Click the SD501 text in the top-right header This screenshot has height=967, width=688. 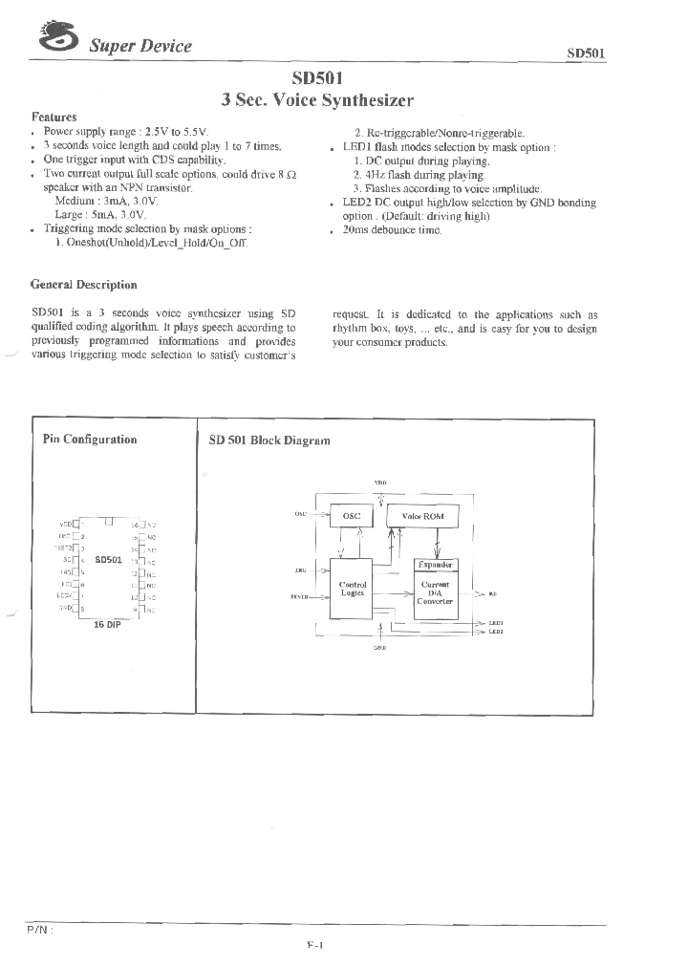(584, 54)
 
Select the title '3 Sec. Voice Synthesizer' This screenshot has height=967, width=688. (316, 99)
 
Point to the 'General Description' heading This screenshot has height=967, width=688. (84, 285)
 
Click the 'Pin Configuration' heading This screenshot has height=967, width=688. (90, 440)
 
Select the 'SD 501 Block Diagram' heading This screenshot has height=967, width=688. (269, 441)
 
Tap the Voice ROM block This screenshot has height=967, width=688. (422, 516)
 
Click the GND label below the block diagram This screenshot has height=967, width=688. (379, 648)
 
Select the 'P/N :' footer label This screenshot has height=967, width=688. (39, 929)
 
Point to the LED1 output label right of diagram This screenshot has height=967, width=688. (496, 623)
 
